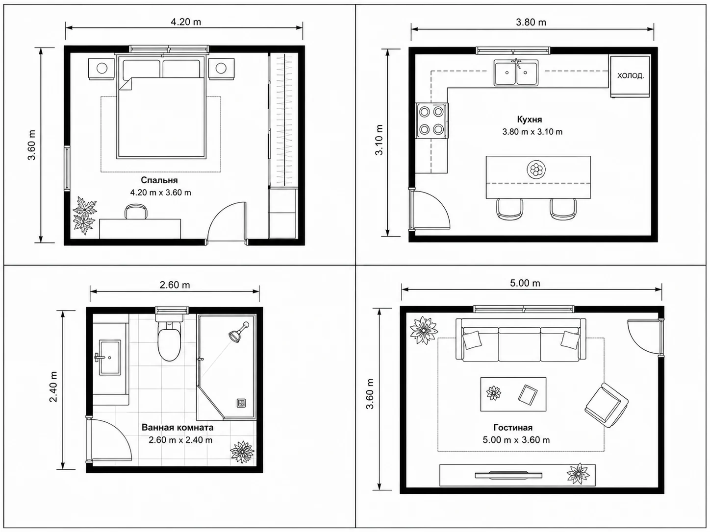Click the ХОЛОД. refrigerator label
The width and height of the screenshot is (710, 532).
(x=631, y=76)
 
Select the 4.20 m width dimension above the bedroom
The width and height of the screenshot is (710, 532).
(x=186, y=22)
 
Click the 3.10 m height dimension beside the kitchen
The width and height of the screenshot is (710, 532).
(x=379, y=140)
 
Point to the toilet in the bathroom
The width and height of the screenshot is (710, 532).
(x=169, y=338)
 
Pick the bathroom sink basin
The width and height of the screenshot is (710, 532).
(x=110, y=357)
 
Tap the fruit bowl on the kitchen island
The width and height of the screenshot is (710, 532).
(x=536, y=169)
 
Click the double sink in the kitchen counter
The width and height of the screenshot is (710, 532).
(x=516, y=73)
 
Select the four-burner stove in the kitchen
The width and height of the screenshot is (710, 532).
(x=431, y=121)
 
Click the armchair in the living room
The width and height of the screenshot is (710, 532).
(x=606, y=406)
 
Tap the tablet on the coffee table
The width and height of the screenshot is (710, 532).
(x=528, y=394)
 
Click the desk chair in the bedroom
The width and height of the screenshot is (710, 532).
(x=136, y=212)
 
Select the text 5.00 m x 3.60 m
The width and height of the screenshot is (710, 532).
(x=516, y=440)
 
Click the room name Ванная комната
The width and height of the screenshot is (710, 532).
(x=177, y=427)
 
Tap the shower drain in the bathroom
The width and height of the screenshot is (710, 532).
(x=241, y=403)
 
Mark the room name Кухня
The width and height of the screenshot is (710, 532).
(x=530, y=119)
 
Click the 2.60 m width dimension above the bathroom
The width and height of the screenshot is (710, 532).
(x=175, y=285)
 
